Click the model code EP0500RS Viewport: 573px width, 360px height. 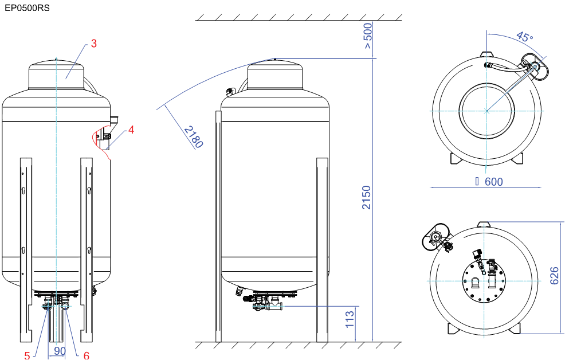[27, 7]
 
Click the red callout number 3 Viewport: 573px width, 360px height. [94, 44]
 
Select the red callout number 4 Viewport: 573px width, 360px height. [131, 130]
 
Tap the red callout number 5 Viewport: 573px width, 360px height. [27, 355]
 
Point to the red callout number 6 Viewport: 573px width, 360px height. [87, 355]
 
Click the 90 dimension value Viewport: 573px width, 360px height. [60, 351]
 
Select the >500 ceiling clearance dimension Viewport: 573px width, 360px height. [368, 36]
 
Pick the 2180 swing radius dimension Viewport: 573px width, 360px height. [193, 136]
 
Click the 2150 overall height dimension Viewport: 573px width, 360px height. [366, 197]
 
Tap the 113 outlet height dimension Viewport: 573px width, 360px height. [350, 319]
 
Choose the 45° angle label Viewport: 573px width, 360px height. [525, 37]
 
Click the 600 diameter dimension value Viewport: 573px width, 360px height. [494, 182]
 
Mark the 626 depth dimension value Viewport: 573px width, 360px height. [554, 276]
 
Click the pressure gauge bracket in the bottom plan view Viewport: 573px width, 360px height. [435, 237]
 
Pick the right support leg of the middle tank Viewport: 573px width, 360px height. [322, 250]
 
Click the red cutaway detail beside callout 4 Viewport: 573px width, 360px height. [101, 141]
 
